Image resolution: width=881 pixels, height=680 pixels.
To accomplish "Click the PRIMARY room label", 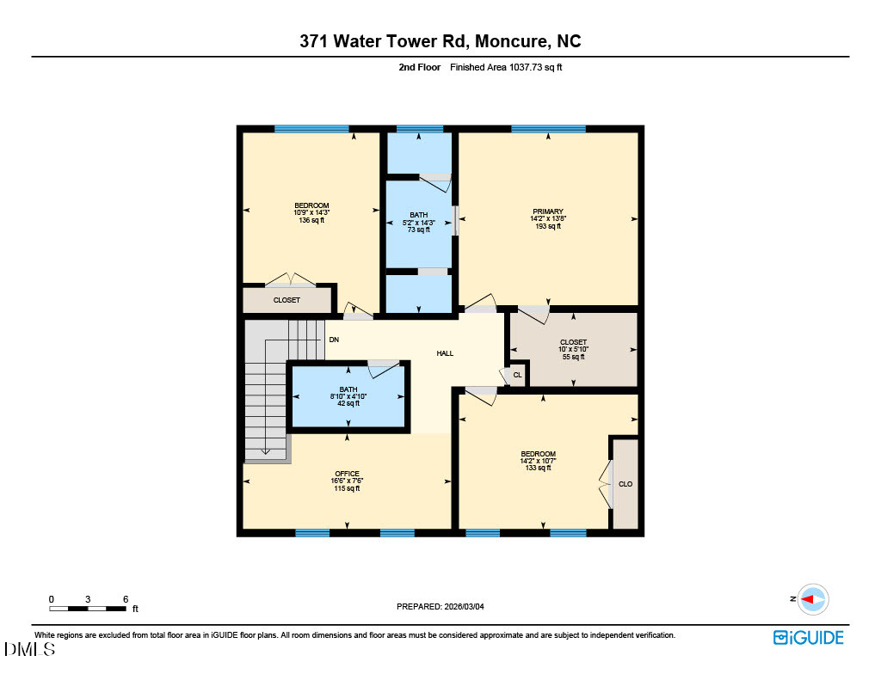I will pos(547,211).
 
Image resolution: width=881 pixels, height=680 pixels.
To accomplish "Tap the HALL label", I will pos(445,353).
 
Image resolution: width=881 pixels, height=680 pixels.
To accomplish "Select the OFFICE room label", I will pos(347,474).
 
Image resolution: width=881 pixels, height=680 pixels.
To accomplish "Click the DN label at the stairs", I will pos(334,340).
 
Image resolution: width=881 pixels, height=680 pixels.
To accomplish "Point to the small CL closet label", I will pos(517,375).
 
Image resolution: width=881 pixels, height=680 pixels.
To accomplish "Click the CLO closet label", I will pos(625,484).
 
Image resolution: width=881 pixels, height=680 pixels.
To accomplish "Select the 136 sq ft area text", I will pos(311,221).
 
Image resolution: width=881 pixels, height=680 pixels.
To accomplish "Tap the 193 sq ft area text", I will pos(547,226).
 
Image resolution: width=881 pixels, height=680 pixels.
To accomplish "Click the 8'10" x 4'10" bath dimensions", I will pos(348,396).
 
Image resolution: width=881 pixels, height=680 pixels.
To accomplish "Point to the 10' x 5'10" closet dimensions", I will pos(572,349).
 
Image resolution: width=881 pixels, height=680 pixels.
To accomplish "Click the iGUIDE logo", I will pos(808,637).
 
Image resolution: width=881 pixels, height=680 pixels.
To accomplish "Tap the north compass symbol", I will pos(812,599).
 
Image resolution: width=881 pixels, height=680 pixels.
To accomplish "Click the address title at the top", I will pos(440,41).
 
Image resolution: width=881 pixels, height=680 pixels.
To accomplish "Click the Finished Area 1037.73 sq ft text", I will pos(506,67).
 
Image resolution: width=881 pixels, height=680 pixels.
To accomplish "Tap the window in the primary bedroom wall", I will pos(548,129).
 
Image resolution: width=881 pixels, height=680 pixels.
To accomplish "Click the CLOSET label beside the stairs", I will pos(286,300).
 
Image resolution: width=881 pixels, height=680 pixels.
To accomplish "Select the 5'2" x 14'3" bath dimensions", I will pos(418,223).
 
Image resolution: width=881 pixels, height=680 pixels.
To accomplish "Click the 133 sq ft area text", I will pos(538,469).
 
